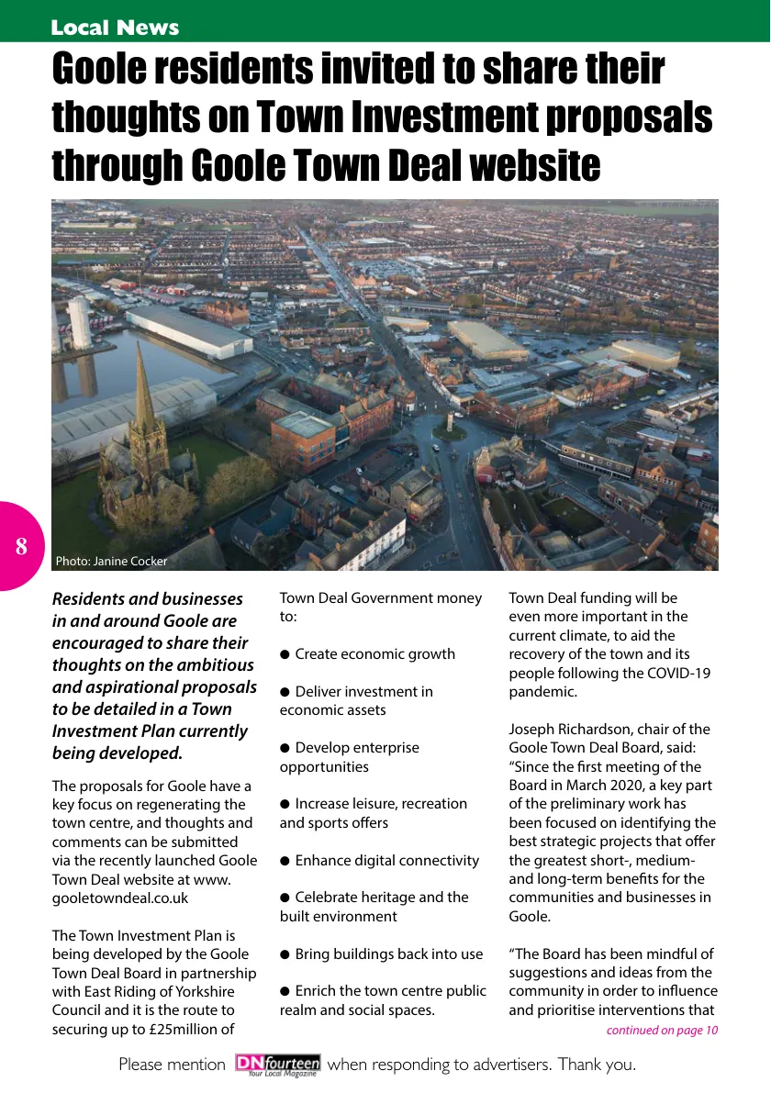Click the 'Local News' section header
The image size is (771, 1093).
pyautogui.click(x=115, y=28)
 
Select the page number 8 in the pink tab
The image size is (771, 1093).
pyautogui.click(x=21, y=547)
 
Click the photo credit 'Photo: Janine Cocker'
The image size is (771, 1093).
pyautogui.click(x=111, y=561)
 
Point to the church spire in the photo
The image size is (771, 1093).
pyautogui.click(x=143, y=385)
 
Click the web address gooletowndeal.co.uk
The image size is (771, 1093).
pyautogui.click(x=120, y=898)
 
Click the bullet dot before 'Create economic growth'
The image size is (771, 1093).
pyautogui.click(x=285, y=654)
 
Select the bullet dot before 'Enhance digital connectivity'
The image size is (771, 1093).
pyautogui.click(x=285, y=861)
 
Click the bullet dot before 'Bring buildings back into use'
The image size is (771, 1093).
pyautogui.click(x=285, y=954)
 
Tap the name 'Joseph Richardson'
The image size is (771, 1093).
pyautogui.click(x=566, y=730)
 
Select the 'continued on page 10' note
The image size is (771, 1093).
pyautogui.click(x=662, y=1031)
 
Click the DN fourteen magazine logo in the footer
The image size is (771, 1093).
pyautogui.click(x=277, y=1065)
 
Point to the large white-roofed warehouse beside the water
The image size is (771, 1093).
pyautogui.click(x=189, y=331)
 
